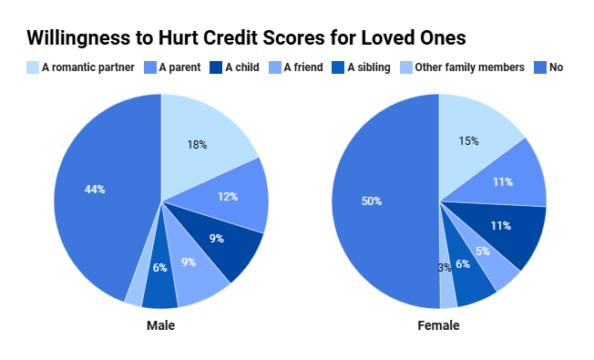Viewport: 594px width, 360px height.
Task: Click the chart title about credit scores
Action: [246, 37]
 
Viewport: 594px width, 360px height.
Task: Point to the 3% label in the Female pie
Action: [445, 266]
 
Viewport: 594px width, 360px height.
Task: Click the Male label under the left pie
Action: [161, 325]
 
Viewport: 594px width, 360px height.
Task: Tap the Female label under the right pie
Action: [439, 325]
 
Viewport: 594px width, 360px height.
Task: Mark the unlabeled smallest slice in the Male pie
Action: [135, 294]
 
